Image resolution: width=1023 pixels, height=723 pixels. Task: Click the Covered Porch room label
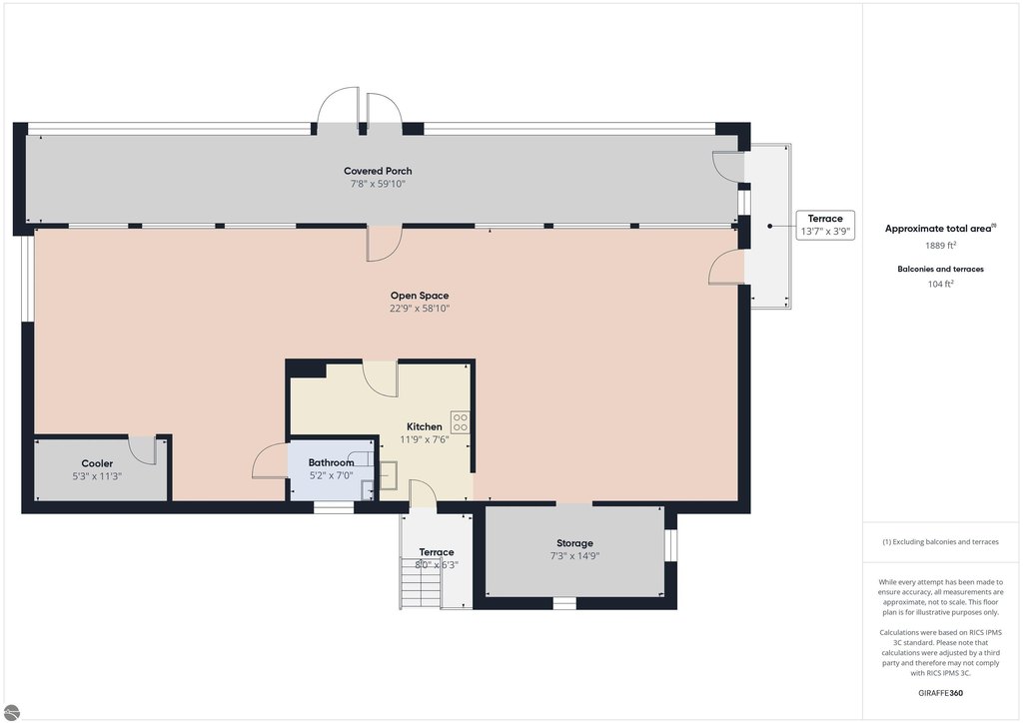coord(378,171)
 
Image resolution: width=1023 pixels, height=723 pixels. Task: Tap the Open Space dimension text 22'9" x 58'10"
coord(420,309)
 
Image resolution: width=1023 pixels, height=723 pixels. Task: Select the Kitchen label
coord(424,426)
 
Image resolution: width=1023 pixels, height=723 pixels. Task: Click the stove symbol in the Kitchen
coord(460,421)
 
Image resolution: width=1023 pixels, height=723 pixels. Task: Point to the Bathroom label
coord(331,463)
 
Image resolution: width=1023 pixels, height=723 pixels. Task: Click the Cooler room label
coord(97,463)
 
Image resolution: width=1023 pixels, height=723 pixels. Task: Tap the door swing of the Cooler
coord(142,450)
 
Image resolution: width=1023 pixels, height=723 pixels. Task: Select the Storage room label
coord(574,543)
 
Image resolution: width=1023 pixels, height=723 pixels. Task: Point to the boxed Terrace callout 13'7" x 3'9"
coord(824,225)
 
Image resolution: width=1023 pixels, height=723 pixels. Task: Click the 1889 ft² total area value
coord(940,246)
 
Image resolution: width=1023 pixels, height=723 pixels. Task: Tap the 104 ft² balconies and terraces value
coord(940,284)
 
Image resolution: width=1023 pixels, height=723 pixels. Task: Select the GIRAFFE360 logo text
coord(940,693)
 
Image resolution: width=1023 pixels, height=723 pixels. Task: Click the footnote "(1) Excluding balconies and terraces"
coord(940,542)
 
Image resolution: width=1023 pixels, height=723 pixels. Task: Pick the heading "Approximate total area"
coord(940,228)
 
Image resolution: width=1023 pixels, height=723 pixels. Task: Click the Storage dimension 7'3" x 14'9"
coord(574,556)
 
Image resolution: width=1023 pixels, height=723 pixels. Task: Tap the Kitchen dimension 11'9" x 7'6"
coord(424,439)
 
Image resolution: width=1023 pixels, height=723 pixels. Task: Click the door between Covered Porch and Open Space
coord(385,244)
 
